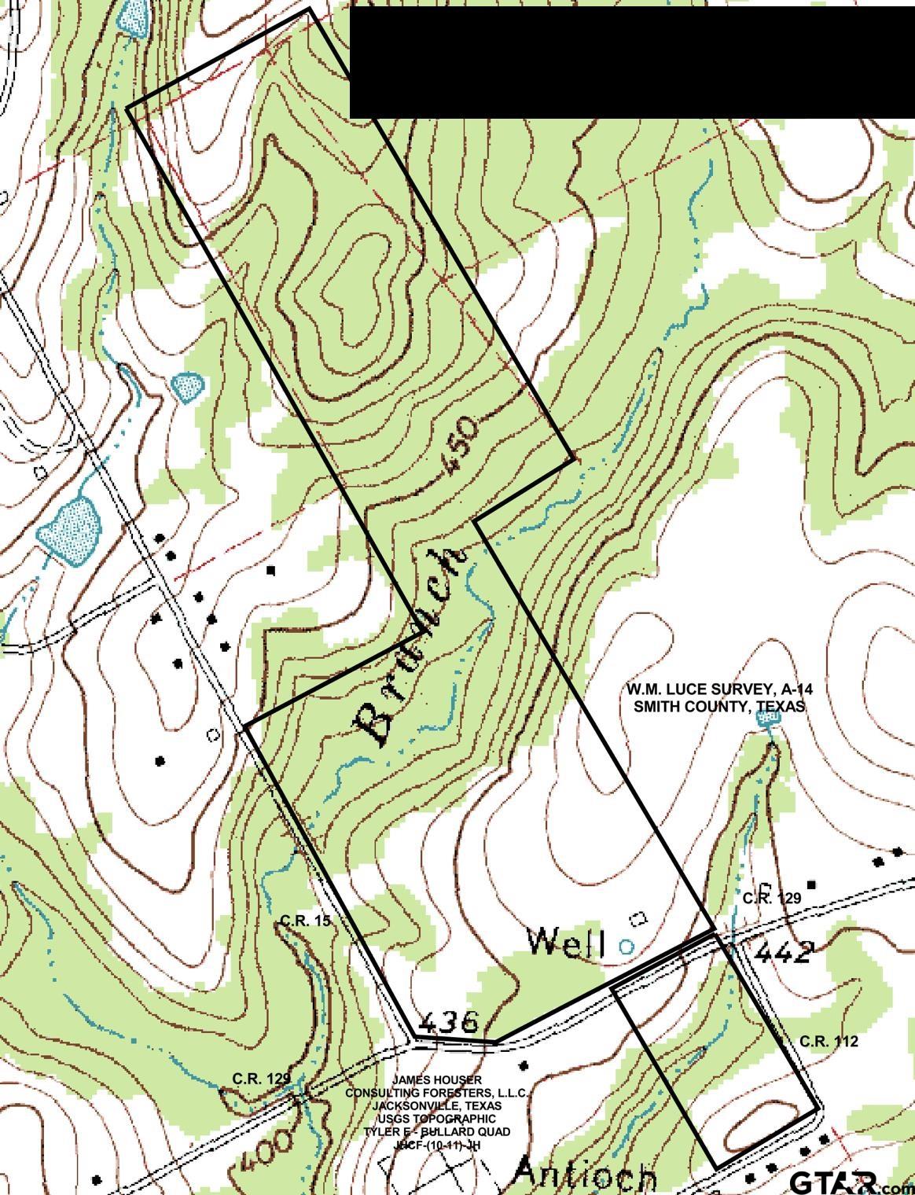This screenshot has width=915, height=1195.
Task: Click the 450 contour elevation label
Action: pos(461,445)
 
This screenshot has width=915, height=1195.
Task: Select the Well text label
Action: pos(566,942)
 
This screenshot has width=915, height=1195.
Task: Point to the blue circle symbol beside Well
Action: pos(627,947)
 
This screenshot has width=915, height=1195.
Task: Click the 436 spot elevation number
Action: pos(449,1022)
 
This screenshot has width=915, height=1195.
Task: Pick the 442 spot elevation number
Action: pos(782,953)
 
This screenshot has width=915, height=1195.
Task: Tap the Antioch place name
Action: pos(585,1174)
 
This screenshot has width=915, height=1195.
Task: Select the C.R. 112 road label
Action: pos(829,1042)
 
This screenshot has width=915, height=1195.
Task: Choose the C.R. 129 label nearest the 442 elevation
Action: pos(771,898)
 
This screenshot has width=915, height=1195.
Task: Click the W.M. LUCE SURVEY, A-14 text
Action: pos(719,689)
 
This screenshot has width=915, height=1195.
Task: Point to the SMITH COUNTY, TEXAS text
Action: pos(719,706)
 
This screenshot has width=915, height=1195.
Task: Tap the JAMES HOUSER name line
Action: pos(437,1080)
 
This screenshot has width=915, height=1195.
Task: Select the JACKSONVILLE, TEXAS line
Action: pos(437,1105)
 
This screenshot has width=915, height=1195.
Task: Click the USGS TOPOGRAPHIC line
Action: pos(437,1118)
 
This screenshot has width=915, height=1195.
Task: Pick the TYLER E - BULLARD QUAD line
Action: pos(437,1131)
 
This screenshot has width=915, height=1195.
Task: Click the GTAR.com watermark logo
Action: pos(845,1182)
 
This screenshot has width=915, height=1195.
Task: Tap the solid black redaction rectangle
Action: pos(631,63)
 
